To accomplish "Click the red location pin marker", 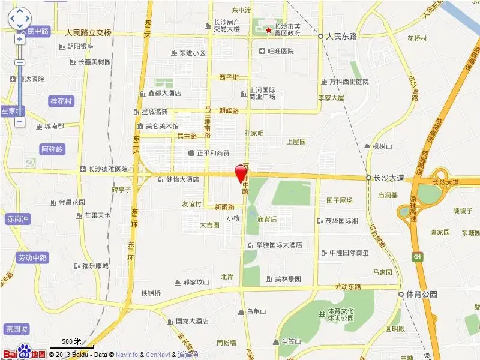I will pos(241,172).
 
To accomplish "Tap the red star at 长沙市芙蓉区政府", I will pos(268,29).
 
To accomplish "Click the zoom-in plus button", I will pos(19,39).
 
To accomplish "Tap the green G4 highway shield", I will pos(416,256).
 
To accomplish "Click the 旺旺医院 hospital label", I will pos(277,52).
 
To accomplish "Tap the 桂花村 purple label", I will pos(61,101).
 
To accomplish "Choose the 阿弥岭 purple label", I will pos(52,149).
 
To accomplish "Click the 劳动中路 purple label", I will pos(32,258).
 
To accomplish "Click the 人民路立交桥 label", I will pos(88,32).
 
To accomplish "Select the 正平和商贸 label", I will pos(209,153).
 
